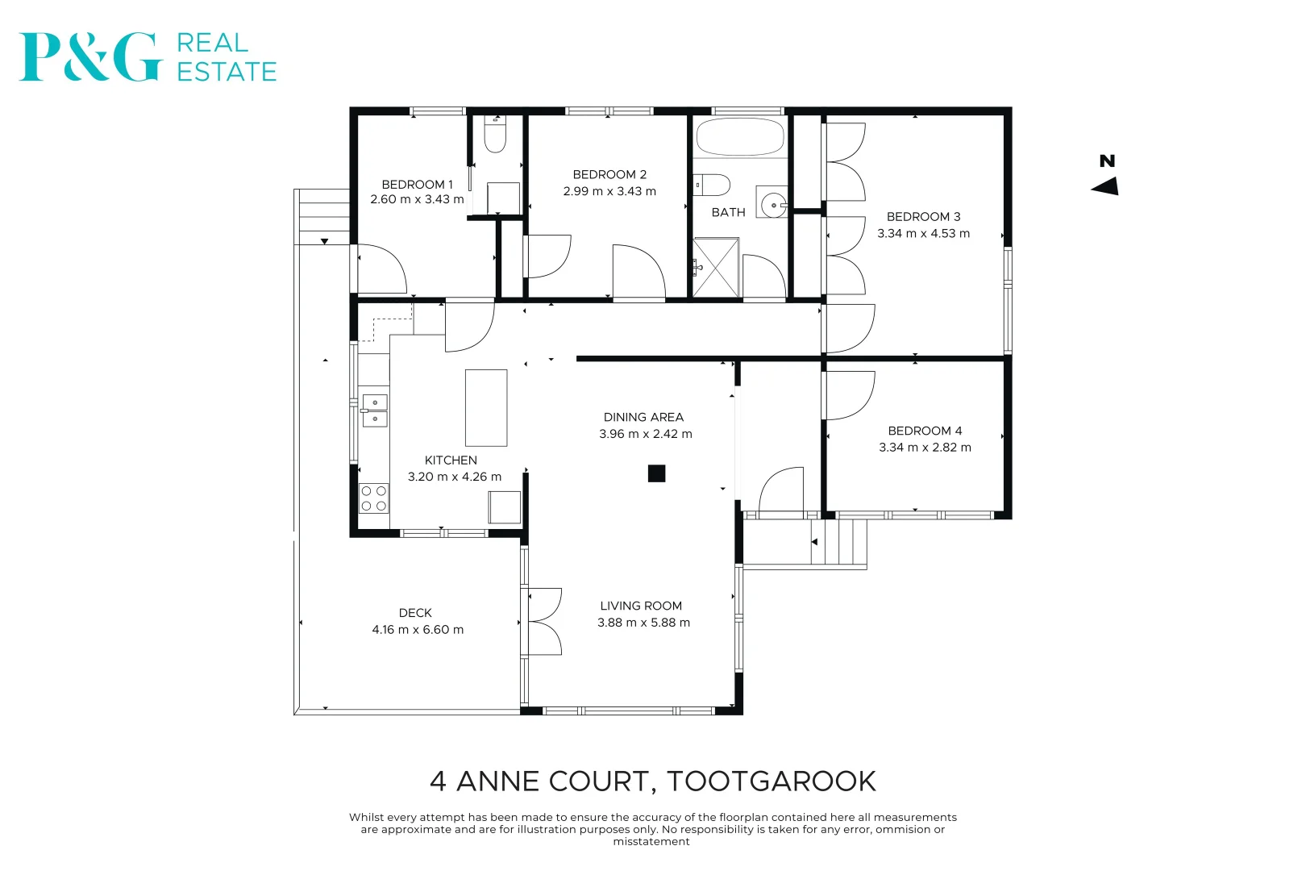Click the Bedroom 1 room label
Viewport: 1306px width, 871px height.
point(417,185)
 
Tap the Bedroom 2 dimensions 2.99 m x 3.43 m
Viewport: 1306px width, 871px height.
point(609,192)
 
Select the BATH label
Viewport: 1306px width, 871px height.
point(728,213)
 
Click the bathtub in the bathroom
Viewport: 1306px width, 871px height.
point(739,137)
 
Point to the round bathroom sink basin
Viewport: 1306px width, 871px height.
point(774,205)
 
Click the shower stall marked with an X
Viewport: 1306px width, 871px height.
point(716,267)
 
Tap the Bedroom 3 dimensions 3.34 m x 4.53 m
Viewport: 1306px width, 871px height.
point(923,234)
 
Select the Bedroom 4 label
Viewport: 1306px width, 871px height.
point(925,431)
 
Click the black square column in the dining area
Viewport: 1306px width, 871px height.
point(656,474)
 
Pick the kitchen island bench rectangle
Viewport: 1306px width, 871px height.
point(486,408)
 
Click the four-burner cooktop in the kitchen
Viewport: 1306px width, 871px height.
point(373,498)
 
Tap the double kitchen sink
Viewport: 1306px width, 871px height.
point(374,410)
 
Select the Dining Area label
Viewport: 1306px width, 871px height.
point(643,418)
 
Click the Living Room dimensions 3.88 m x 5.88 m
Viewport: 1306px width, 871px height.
point(643,623)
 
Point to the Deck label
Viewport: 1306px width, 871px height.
point(415,614)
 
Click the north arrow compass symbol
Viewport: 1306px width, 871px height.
point(1105,186)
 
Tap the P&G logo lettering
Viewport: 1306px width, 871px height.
point(89,57)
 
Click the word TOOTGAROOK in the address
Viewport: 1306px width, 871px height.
point(771,781)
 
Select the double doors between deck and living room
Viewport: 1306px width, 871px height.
point(543,621)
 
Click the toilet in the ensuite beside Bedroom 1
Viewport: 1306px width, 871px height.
point(495,135)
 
